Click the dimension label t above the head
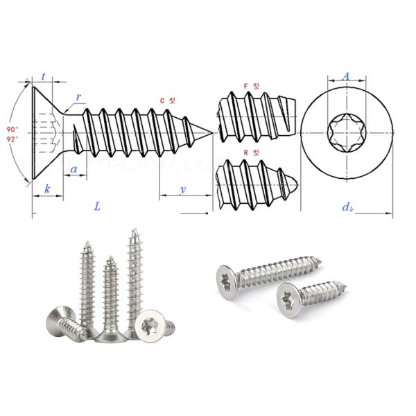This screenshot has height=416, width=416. coord(44,78)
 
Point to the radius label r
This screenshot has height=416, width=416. coord(78,98)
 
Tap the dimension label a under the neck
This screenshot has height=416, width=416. coord(73,169)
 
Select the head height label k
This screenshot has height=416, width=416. coord(47,189)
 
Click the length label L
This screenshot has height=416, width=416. coord(97,206)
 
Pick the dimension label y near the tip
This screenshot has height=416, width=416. coord(182,189)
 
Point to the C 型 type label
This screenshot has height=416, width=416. coord(167,101)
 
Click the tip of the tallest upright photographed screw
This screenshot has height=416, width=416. coord(132,230)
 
